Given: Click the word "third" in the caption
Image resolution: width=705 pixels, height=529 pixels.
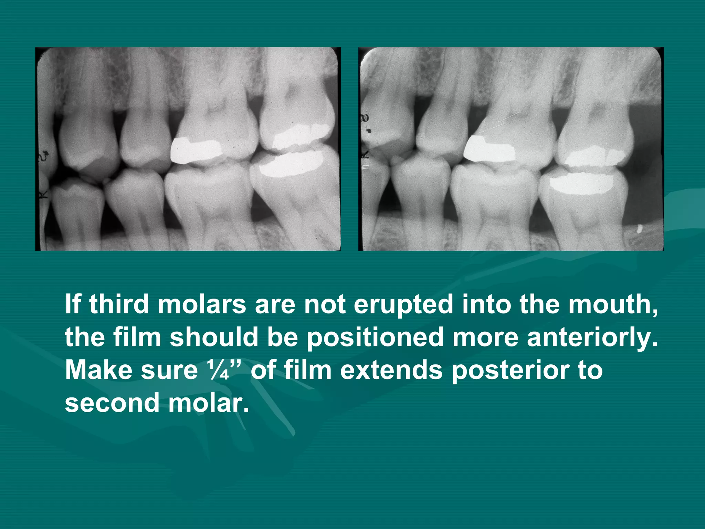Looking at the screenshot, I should [119, 304].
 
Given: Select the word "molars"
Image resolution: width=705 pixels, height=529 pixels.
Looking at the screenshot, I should [202, 304].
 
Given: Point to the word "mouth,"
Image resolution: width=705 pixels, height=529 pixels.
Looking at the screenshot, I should [613, 304].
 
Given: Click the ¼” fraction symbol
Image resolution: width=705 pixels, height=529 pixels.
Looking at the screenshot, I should [224, 370].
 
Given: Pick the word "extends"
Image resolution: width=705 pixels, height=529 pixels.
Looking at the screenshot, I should [391, 370].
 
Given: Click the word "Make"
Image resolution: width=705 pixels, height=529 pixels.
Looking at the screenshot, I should [97, 370].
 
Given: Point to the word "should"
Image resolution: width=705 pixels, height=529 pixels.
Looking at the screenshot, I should [214, 337].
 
